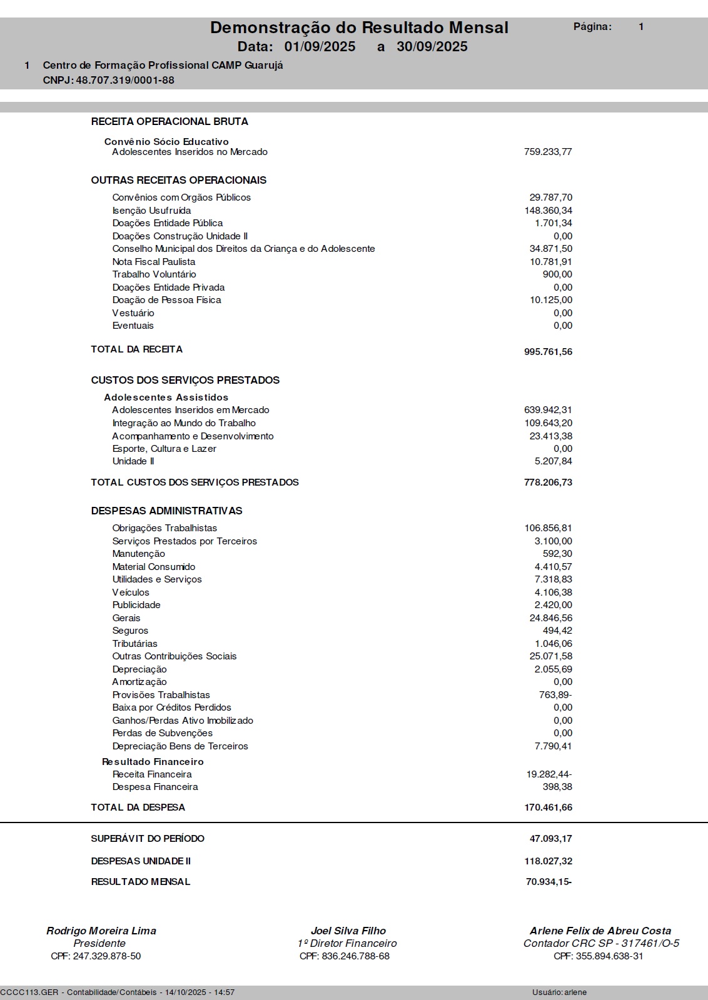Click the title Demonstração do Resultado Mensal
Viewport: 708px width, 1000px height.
pos(359,27)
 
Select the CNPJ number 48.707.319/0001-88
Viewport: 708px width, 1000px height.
pos(125,80)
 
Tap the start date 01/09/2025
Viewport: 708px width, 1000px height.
pos(320,47)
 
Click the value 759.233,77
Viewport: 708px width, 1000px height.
pos(548,152)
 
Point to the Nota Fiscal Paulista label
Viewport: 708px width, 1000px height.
pos(154,262)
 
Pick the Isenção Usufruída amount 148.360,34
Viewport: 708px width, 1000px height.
pos(548,211)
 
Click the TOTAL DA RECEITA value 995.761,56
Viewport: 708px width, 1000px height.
pos(548,352)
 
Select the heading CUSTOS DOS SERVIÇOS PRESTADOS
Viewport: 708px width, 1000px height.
pos(185,380)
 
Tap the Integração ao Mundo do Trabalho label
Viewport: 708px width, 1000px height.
pos(184,423)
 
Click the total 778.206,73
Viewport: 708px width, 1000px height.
pos(548,482)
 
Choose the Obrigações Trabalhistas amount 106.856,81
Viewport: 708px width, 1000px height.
pos(548,528)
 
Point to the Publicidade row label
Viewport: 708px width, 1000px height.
pos(136,605)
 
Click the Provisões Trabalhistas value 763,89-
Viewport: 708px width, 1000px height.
pos(555,695)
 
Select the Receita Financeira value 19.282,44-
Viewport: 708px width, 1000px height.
pos(549,774)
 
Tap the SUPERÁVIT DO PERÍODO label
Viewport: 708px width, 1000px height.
pos(148,839)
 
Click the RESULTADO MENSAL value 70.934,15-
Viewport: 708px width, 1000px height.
pos(549,882)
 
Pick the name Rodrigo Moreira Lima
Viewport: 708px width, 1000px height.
pos(101,931)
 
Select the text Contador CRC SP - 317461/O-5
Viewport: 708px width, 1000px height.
pos(601,944)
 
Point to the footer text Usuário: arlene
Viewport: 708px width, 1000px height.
pos(559,992)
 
